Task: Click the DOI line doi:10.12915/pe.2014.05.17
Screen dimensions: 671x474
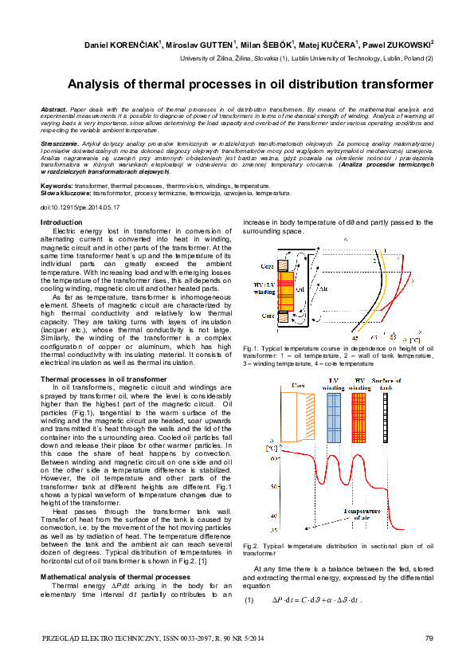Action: tap(80, 206)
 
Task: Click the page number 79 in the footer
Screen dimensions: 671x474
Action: tap(429, 638)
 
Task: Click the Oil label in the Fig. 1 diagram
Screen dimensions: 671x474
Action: tap(300, 288)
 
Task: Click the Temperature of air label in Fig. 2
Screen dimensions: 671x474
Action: tap(362, 513)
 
